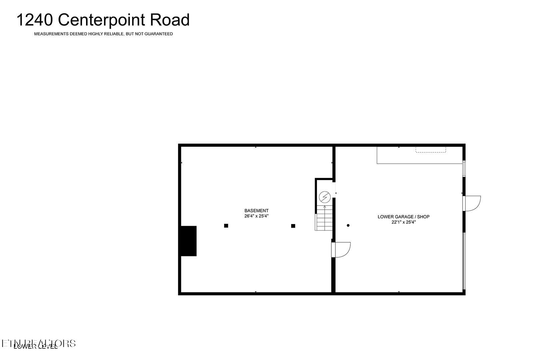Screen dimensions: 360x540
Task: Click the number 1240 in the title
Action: point(35,20)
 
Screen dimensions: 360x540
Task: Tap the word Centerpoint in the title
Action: point(103,20)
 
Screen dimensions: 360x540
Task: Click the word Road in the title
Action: point(170,20)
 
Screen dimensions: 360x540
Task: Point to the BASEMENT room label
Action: point(256,211)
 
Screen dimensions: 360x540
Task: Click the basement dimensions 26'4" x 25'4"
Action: point(256,216)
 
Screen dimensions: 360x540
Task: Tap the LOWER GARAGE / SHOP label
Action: point(403,217)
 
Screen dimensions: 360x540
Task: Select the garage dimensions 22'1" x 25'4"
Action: point(403,222)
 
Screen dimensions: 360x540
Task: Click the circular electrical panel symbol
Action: point(324,197)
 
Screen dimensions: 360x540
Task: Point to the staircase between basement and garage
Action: point(324,218)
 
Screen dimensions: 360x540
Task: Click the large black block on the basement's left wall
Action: point(188,241)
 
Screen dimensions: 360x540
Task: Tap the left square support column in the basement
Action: point(226,226)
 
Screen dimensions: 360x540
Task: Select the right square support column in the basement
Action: point(293,226)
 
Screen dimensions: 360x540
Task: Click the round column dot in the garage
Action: point(348,226)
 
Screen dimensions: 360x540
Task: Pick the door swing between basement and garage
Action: point(342,250)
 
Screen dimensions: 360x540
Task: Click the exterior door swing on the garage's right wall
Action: point(472,203)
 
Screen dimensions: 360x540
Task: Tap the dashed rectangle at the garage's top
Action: point(431,150)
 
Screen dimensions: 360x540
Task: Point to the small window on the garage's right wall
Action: point(464,169)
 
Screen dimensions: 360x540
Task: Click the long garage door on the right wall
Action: point(464,261)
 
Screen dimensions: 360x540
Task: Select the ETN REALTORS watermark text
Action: point(39,343)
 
